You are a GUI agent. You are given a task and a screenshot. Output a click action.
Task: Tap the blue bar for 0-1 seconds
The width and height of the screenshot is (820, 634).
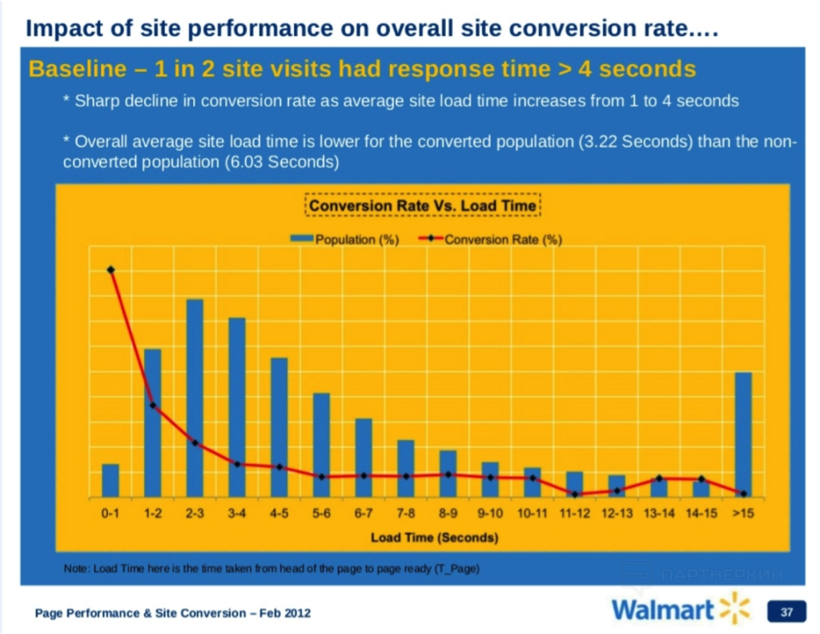[111, 480]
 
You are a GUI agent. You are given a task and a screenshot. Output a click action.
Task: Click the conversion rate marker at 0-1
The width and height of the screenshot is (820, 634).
[111, 270]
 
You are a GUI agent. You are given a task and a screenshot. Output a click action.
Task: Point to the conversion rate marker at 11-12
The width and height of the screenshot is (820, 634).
[575, 494]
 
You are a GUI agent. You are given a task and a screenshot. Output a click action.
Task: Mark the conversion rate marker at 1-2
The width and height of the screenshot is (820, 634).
[153, 405]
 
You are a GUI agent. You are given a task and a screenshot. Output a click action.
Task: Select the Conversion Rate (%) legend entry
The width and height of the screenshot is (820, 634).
[491, 240]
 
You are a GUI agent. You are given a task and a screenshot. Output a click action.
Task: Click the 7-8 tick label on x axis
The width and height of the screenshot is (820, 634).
[406, 514]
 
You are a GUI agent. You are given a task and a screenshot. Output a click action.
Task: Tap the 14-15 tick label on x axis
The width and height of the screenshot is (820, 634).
[701, 514]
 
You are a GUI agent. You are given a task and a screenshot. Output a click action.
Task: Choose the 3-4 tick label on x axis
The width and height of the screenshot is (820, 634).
[236, 514]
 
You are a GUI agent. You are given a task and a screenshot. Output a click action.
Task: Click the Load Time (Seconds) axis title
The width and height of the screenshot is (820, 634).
[433, 537]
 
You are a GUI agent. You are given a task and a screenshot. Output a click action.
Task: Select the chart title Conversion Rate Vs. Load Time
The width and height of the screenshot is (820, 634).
[423, 206]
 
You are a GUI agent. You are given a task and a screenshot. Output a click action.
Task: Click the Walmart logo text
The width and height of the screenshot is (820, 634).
[662, 610]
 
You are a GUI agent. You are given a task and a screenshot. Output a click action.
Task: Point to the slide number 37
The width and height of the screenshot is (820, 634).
[786, 612]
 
